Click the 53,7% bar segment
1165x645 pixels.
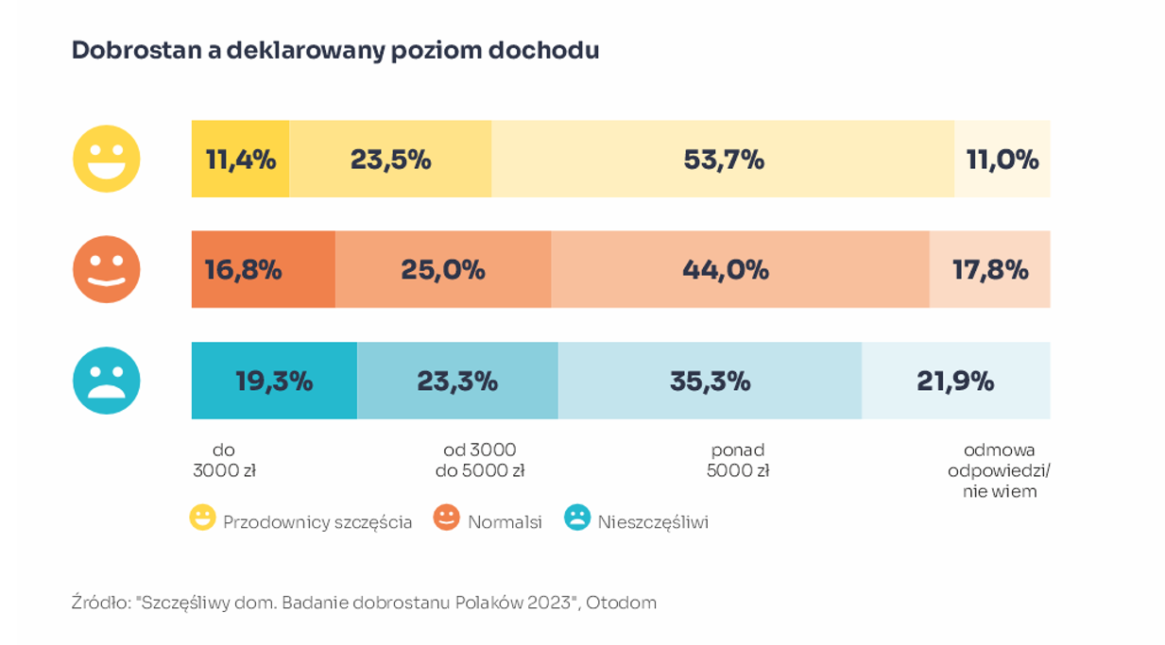(723, 159)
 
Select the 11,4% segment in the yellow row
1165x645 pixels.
(240, 159)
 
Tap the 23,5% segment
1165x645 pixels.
(390, 159)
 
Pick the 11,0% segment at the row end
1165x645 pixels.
(1002, 159)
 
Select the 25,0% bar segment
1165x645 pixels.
(442, 269)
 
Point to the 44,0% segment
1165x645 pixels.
(740, 269)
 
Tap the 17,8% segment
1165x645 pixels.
(989, 269)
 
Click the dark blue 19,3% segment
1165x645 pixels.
(274, 381)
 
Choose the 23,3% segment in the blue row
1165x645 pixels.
(457, 381)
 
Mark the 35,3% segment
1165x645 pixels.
(710, 381)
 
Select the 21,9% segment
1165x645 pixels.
(955, 381)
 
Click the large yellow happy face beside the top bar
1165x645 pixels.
(107, 159)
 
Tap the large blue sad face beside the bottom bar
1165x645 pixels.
(107, 381)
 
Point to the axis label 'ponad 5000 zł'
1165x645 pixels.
(738, 461)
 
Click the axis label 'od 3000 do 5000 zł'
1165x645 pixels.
(480, 461)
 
